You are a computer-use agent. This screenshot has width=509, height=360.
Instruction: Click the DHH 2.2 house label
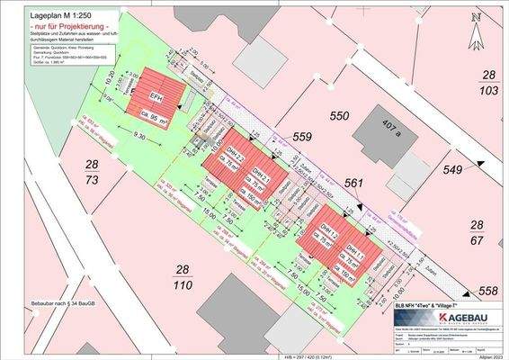pyautogui.click(x=233, y=155)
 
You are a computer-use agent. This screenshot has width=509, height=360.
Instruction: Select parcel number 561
pyautogui.click(x=353, y=184)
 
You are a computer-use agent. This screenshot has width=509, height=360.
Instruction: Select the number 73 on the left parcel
pyautogui.click(x=92, y=181)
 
